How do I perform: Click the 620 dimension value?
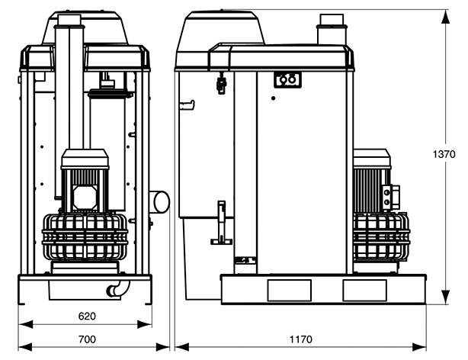pyautogui.click(x=87, y=316)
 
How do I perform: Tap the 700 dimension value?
pyautogui.click(x=87, y=339)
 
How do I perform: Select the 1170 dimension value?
pyautogui.click(x=301, y=339)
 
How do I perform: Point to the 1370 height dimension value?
pyautogui.click(x=444, y=155)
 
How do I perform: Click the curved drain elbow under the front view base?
pyautogui.click(x=117, y=288)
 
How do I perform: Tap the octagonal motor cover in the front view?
pyautogui.click(x=85, y=198)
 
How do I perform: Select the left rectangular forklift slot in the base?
pyautogui.click(x=289, y=291)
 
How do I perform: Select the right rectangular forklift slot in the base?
pyautogui.click(x=365, y=291)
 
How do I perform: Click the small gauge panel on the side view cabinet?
pyautogui.click(x=287, y=80)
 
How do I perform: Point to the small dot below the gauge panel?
pyautogui.click(x=273, y=98)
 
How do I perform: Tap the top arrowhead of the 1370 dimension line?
pyautogui.click(x=445, y=16)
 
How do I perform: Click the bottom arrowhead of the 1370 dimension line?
pyautogui.click(x=445, y=297)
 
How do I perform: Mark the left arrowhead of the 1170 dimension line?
pyautogui.click(x=181, y=347)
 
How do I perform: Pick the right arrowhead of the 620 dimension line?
pyautogui.click(x=145, y=324)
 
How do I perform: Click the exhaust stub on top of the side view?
pyautogui.click(x=332, y=29)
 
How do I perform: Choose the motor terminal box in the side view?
pyautogui.click(x=391, y=197)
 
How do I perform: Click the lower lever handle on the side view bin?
pyautogui.click(x=222, y=223)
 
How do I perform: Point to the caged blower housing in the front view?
pyautogui.click(x=85, y=236)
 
